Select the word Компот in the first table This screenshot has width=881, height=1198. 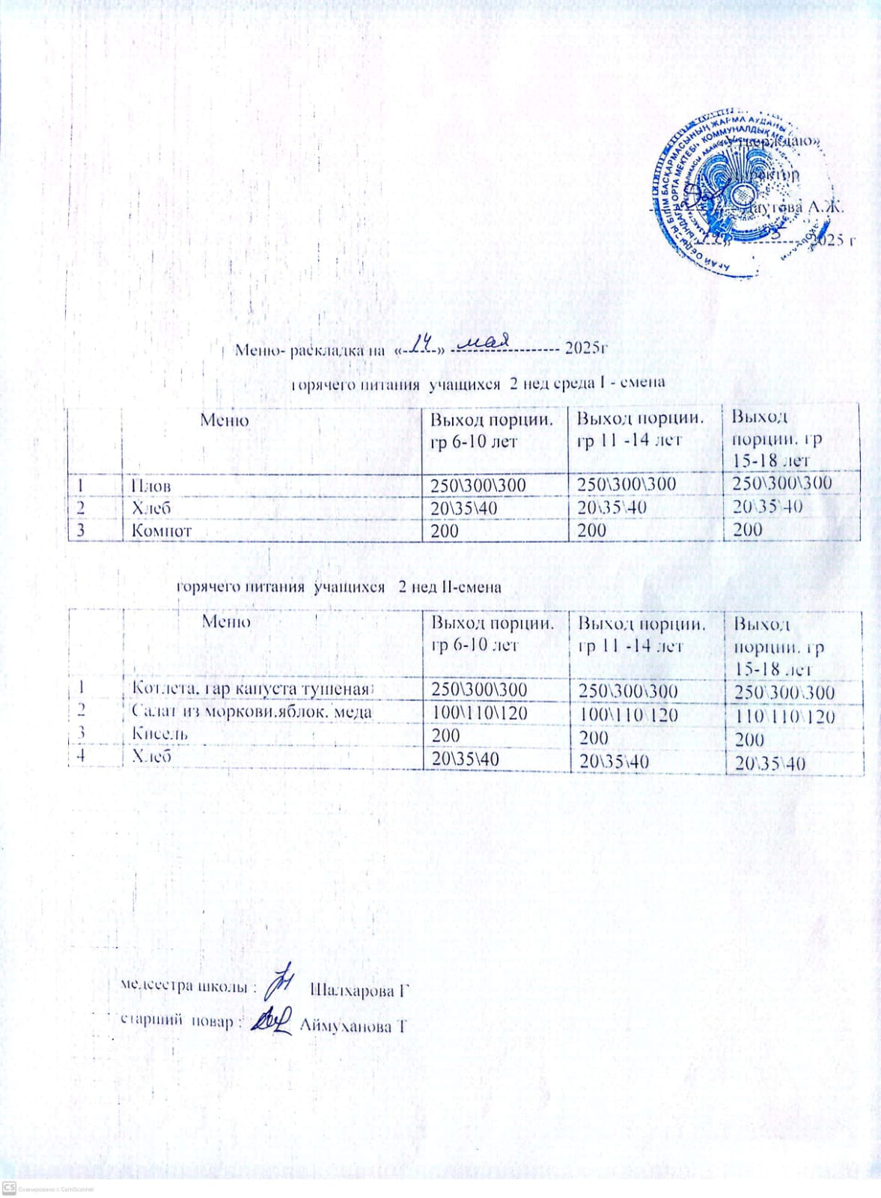pyautogui.click(x=162, y=530)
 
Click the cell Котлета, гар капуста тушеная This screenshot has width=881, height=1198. pyautogui.click(x=251, y=688)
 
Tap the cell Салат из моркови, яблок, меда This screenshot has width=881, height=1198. pyautogui.click(x=252, y=711)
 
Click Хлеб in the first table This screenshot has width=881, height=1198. pyautogui.click(x=151, y=508)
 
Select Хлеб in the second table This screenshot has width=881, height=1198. pyautogui.click(x=152, y=756)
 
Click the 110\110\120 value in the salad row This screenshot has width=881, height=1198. pyautogui.click(x=784, y=717)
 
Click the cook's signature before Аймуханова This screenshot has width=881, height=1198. pyautogui.click(x=270, y=1020)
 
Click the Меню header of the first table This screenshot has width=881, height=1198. pyautogui.click(x=224, y=420)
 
